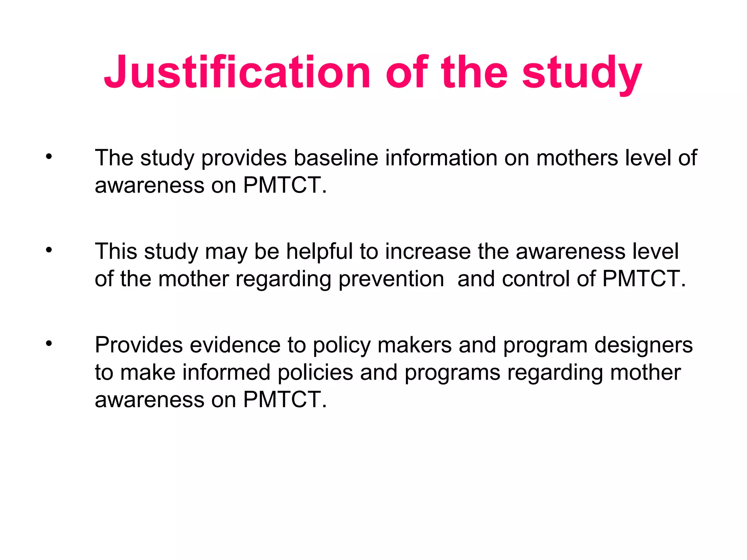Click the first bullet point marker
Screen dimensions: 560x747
49,157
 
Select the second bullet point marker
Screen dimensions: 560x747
49,250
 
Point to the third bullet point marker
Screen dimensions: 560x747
49,343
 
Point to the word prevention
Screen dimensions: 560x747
391,279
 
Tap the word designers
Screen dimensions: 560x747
643,346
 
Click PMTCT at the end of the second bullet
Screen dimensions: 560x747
644,279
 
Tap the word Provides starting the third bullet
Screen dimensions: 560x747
139,345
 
